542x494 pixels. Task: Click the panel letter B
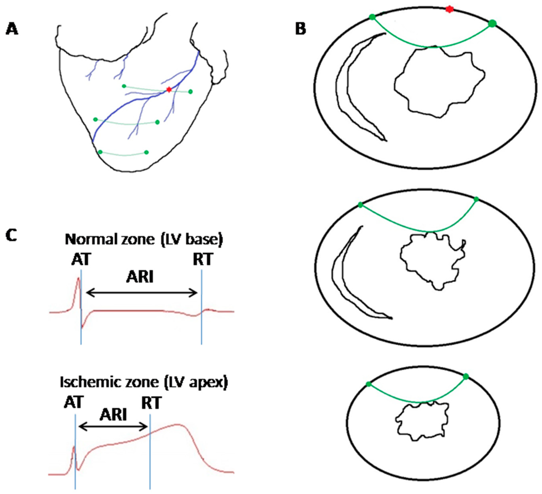pyautogui.click(x=301, y=29)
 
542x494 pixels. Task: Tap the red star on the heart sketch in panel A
pyautogui.click(x=169, y=89)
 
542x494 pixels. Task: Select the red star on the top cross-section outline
pyautogui.click(x=449, y=9)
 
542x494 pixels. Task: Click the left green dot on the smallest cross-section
pyautogui.click(x=368, y=384)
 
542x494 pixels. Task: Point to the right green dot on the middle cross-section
pyautogui.click(x=476, y=199)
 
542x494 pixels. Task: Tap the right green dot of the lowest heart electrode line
pyautogui.click(x=146, y=152)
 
